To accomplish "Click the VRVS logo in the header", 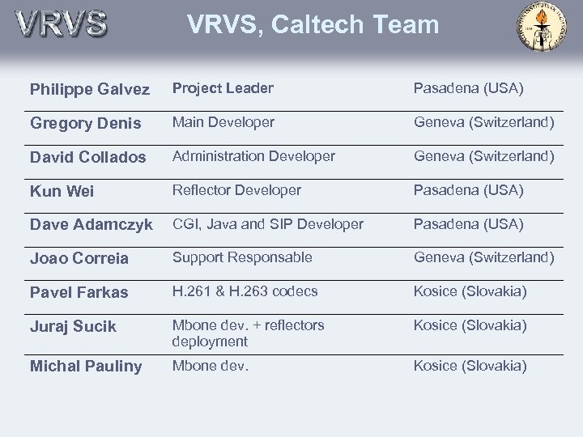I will point(61,23).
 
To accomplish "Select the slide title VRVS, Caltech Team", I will point(313,24).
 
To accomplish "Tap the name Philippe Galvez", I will point(90,90).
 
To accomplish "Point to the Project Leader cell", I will point(223,88).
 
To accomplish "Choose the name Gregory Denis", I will point(85,124).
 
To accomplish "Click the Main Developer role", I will point(223,122).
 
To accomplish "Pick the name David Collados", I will point(88,158).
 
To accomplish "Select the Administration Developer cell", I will point(253,156).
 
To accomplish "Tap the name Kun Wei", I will point(62,192).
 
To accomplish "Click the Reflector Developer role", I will point(236,190).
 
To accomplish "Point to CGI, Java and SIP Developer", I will point(268,224).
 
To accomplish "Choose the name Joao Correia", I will point(79,259).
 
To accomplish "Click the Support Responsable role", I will point(242,257).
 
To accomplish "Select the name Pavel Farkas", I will point(79,293).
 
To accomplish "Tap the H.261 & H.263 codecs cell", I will point(245,291).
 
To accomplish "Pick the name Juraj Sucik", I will point(73,327).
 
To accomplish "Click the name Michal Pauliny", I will point(86,367).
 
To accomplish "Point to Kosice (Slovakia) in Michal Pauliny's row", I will point(470,366).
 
